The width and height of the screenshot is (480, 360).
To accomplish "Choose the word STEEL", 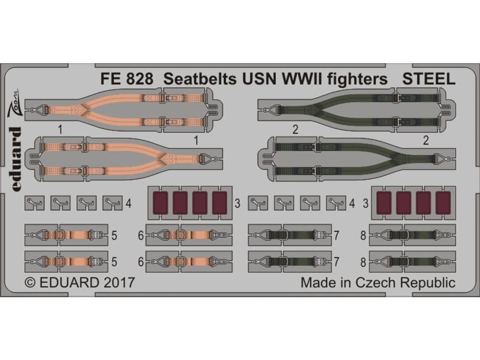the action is click(x=429, y=79).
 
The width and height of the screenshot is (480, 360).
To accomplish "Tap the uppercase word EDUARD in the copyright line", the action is click(x=69, y=283).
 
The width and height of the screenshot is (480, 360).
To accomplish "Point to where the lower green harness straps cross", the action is click(x=397, y=158).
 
